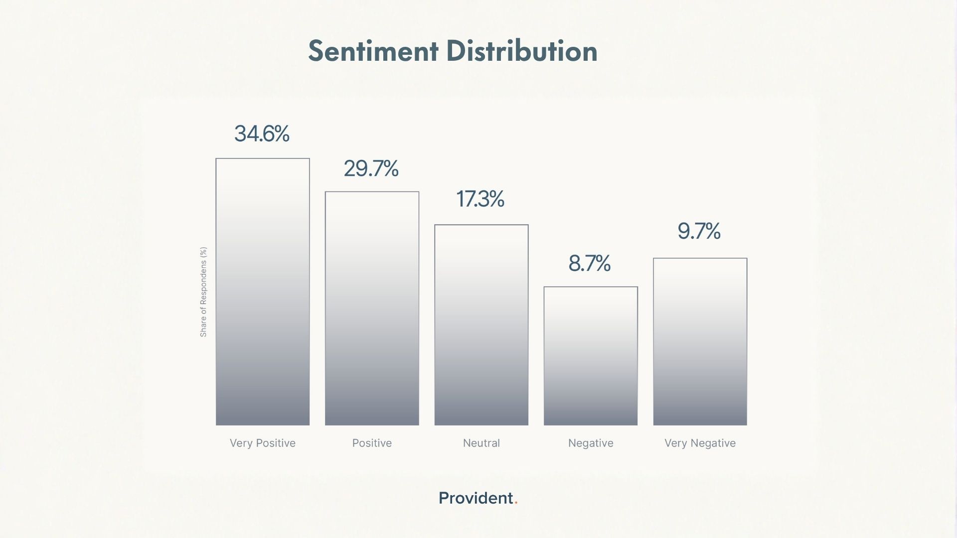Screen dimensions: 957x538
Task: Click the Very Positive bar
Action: pyautogui.click(x=263, y=292)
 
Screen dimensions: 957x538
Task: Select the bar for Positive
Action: pyautogui.click(x=372, y=308)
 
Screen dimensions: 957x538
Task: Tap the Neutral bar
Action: pyautogui.click(x=481, y=325)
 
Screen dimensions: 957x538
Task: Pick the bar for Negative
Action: pyautogui.click(x=591, y=356)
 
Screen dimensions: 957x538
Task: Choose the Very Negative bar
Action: pyautogui.click(x=700, y=342)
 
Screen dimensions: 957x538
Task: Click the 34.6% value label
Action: pyautogui.click(x=262, y=134)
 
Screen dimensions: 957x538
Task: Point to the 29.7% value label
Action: pyautogui.click(x=371, y=168)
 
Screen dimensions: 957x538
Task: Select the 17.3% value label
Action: pyautogui.click(x=480, y=199)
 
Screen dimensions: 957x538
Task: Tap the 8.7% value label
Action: pyautogui.click(x=590, y=264)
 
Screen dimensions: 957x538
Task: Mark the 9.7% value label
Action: pyautogui.click(x=699, y=231)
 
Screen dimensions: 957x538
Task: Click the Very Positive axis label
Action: pyautogui.click(x=263, y=443)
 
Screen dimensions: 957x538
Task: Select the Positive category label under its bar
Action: pyautogui.click(x=372, y=443)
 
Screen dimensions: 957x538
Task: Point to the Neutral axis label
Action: pyautogui.click(x=481, y=443)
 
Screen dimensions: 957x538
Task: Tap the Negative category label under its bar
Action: pyautogui.click(x=591, y=443)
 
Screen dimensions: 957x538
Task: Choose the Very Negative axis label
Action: pyautogui.click(x=700, y=443)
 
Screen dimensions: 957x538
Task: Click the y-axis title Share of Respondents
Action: pyautogui.click(x=203, y=292)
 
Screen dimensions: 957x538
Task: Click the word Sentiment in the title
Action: pyautogui.click(x=373, y=51)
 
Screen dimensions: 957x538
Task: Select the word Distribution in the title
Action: pyautogui.click(x=522, y=51)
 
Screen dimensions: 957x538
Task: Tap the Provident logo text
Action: pyautogui.click(x=476, y=498)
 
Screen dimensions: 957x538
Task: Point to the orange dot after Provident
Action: pyautogui.click(x=516, y=503)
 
